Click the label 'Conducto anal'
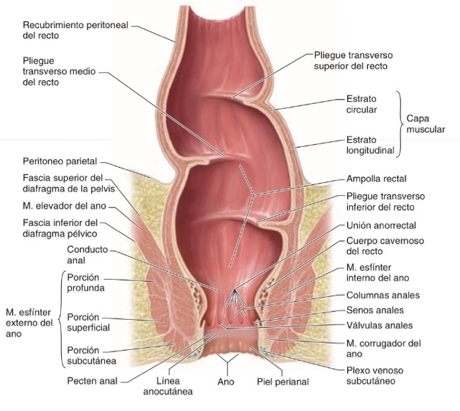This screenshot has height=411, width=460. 86,256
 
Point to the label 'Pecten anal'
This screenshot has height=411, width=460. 91,382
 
